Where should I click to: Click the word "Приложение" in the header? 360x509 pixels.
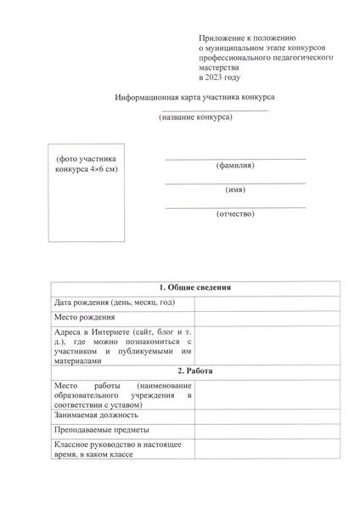[222, 39]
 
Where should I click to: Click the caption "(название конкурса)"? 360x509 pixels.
[195, 117]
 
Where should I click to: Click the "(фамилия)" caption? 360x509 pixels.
[235, 165]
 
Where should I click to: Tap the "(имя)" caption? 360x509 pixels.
[235, 189]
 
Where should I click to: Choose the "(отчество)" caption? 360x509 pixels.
[235, 213]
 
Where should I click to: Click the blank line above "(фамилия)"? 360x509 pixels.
[235, 159]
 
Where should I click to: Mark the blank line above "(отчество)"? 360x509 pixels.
[235, 207]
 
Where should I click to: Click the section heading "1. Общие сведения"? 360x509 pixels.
[195, 287]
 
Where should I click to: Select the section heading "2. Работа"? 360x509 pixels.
[195, 371]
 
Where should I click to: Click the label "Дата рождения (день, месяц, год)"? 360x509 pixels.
[114, 303]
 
